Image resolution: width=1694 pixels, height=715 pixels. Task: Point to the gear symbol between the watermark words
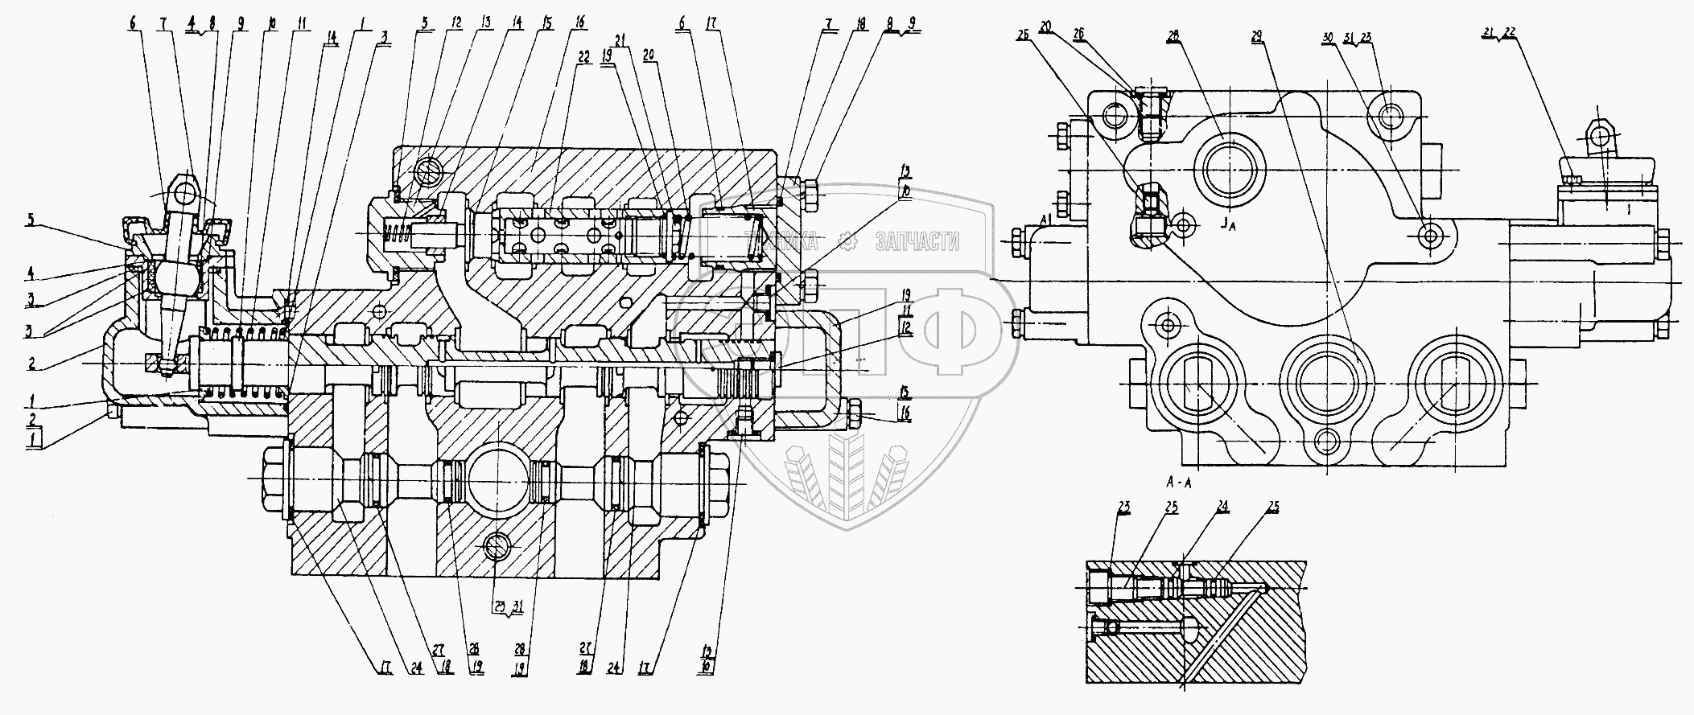[845, 240]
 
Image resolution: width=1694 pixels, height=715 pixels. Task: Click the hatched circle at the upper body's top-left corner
[427, 172]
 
